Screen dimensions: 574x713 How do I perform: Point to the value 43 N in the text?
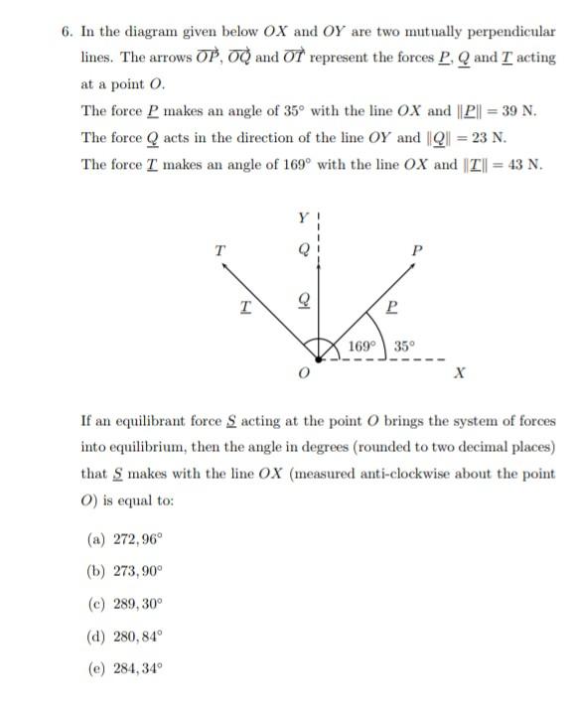click(x=521, y=164)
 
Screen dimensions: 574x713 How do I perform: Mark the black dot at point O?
click(x=318, y=358)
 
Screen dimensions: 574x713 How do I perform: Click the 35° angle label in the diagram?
click(x=404, y=347)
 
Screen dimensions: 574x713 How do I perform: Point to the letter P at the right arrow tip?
click(x=416, y=250)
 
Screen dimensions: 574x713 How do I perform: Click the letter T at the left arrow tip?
click(x=219, y=250)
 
